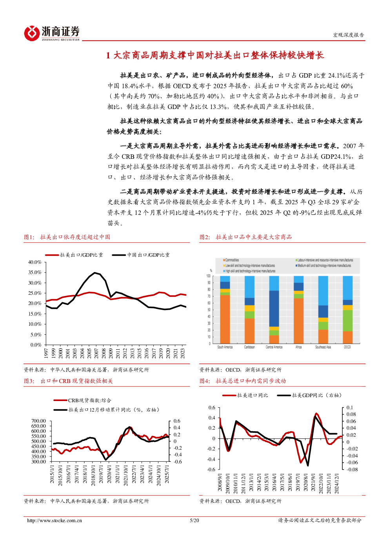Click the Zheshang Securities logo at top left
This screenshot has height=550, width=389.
[52, 33]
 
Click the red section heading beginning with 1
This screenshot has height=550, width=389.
[215, 55]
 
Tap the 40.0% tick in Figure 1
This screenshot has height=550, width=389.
[35, 262]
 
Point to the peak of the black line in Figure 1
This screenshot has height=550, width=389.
[95, 272]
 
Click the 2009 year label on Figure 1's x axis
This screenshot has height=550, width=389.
[111, 353]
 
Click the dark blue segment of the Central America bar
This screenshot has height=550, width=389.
[274, 309]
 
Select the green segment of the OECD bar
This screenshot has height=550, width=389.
[347, 321]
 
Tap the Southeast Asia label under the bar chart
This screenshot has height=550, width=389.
[323, 347]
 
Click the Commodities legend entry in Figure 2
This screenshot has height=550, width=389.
[232, 260]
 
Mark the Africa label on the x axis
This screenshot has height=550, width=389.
[298, 347]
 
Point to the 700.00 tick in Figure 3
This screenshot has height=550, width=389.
[39, 421]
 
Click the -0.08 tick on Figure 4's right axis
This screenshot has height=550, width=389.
[352, 469]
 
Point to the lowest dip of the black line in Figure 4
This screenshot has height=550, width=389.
[308, 466]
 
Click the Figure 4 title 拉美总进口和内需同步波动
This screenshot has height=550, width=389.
[251, 381]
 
